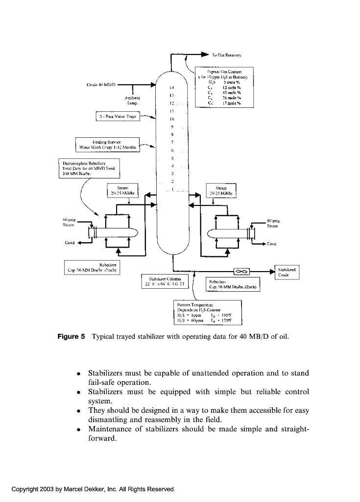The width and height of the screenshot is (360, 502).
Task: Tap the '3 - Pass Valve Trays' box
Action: tap(118, 117)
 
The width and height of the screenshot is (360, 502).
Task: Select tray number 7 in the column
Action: tap(172, 142)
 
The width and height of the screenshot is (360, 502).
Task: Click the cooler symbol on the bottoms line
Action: tap(241, 271)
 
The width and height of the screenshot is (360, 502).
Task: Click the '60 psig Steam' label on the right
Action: tap(273, 223)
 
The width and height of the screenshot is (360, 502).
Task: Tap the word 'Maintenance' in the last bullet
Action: tap(111, 429)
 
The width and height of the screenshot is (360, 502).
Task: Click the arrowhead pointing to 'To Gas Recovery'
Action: tap(205, 56)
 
